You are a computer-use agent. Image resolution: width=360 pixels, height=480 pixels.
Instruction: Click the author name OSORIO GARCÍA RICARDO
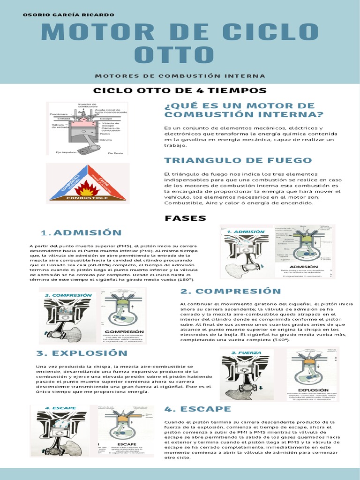pyautogui.click(x=68, y=15)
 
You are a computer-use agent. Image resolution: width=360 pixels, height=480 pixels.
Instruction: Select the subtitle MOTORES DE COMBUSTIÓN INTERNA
pyautogui.click(x=180, y=76)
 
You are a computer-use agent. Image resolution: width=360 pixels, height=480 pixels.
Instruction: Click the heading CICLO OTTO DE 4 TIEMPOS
pyautogui.click(x=180, y=90)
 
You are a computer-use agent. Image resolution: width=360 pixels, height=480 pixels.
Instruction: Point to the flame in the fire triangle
pyautogui.click(x=87, y=189)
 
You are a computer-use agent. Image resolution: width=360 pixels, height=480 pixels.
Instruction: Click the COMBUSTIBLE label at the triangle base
pyautogui.click(x=87, y=198)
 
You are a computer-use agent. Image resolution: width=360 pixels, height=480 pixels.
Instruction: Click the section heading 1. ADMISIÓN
pyautogui.click(x=81, y=232)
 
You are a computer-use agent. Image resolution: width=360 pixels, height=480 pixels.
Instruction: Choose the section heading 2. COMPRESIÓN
pyautogui.click(x=224, y=291)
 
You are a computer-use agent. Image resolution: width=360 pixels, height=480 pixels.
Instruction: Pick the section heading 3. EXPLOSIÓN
pyautogui.click(x=82, y=353)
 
